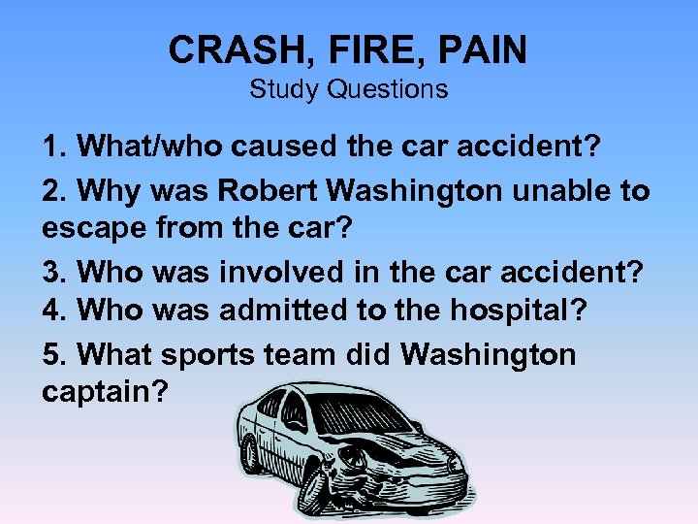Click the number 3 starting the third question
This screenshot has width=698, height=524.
[x=50, y=273]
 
